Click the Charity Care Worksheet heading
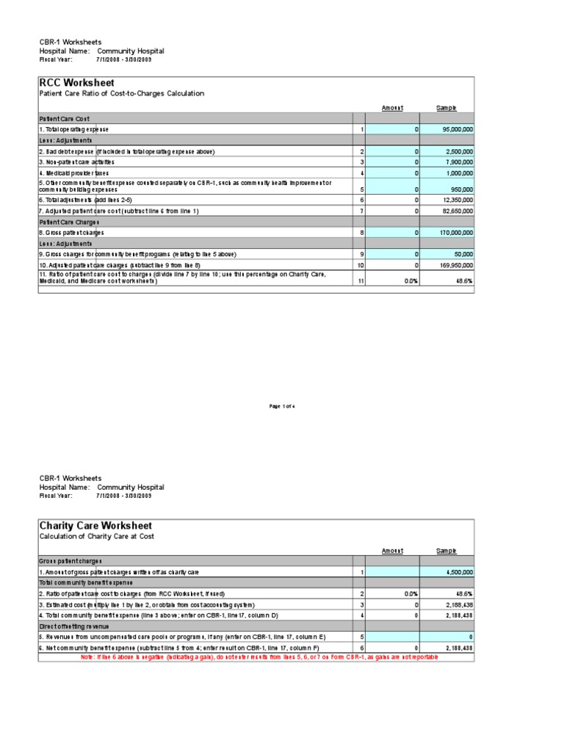(95, 526)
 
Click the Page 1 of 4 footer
(283, 406)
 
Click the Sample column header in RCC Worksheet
(446, 108)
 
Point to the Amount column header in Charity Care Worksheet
(392, 551)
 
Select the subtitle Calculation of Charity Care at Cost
(98, 537)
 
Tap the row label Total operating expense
(74, 129)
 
